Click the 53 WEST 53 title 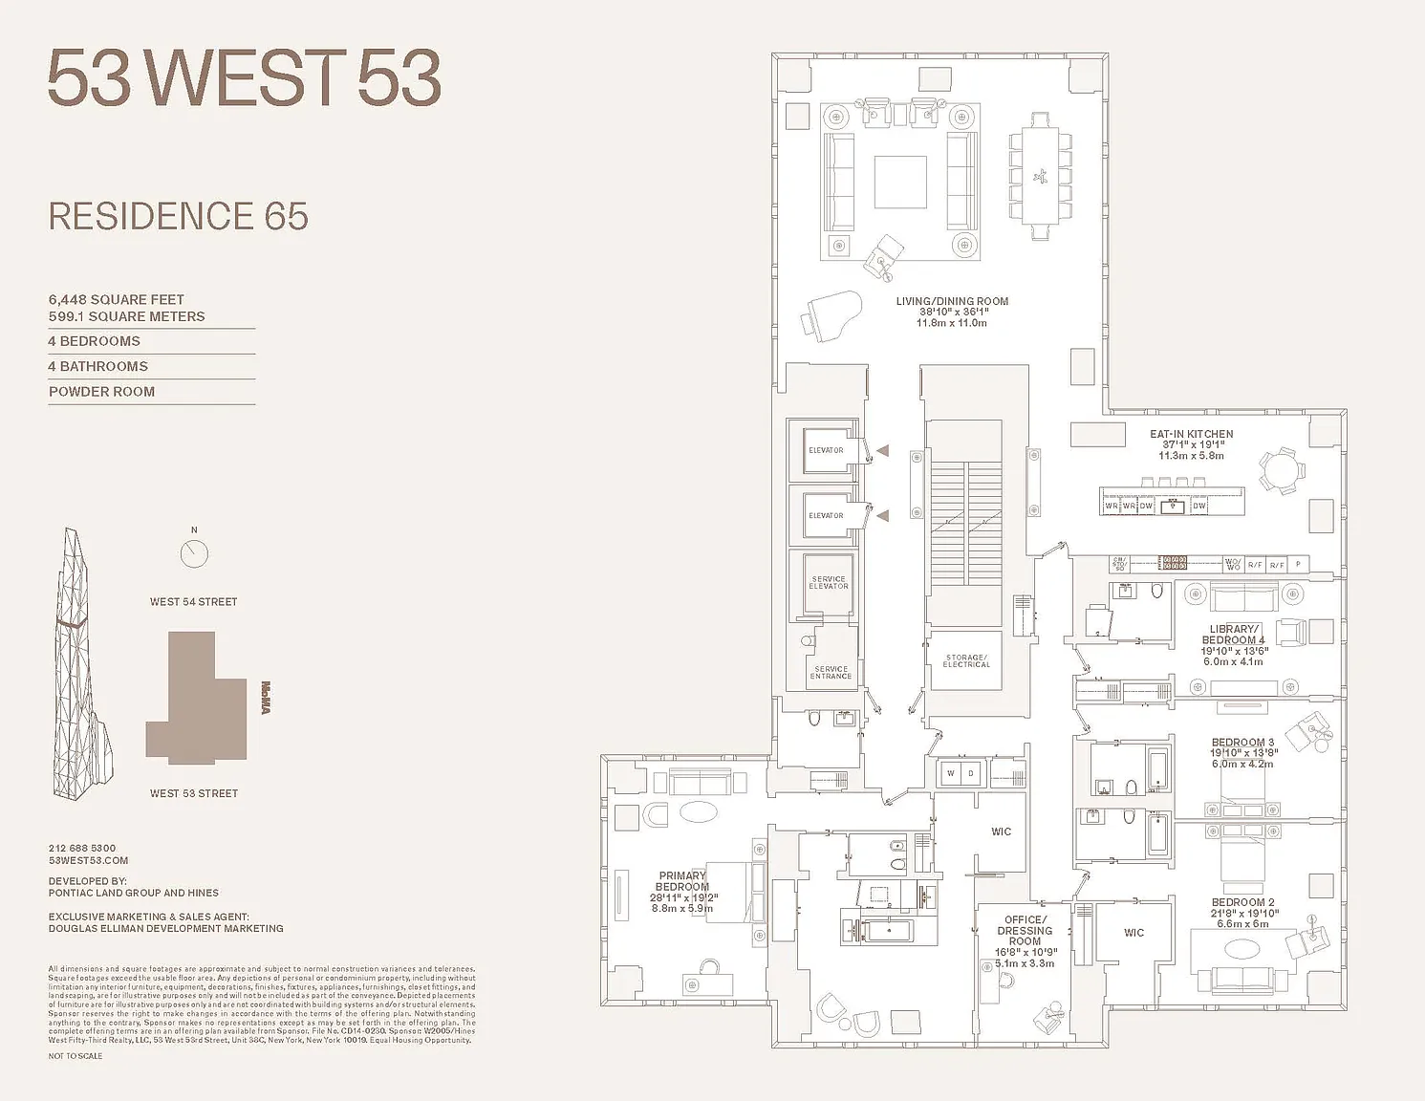tap(244, 78)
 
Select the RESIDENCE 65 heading tap(179, 217)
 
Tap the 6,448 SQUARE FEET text tap(117, 300)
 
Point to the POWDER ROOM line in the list tap(101, 392)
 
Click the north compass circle tap(194, 553)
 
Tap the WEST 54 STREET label tap(193, 602)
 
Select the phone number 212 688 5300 tap(82, 848)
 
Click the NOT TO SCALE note tap(76, 1056)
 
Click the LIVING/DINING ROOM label tap(952, 302)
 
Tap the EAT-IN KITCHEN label tap(1191, 435)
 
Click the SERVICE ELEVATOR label tap(829, 582)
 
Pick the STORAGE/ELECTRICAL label tap(965, 660)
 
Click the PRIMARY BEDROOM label tap(682, 881)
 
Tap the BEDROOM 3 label tap(1242, 743)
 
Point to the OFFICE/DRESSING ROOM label tap(1025, 930)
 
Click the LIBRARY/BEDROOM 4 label tap(1233, 635)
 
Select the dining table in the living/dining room tap(1040, 177)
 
